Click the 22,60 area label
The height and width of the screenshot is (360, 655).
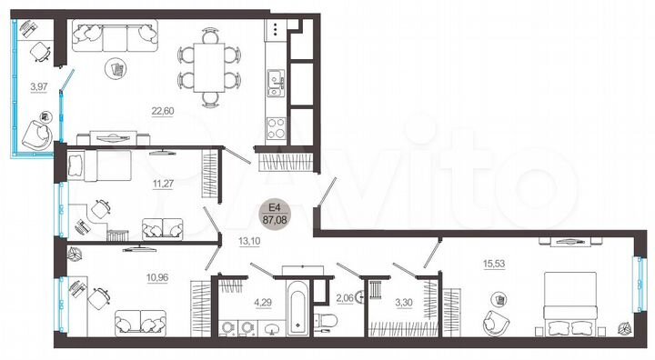(x=163, y=113)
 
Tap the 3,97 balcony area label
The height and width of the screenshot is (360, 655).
(x=37, y=87)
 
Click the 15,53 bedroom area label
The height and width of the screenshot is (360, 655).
(x=496, y=265)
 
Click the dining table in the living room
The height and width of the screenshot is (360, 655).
(x=210, y=65)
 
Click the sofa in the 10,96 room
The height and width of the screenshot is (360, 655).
(x=140, y=322)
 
